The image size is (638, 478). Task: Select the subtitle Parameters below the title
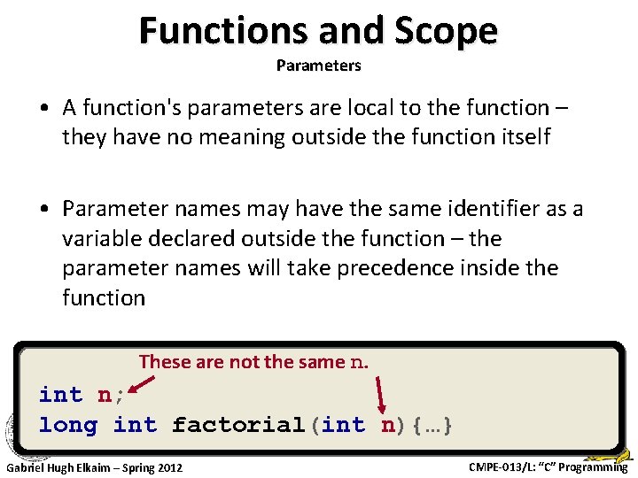tap(318, 66)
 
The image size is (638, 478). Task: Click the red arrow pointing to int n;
tap(143, 382)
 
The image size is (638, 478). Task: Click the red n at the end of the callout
tap(359, 362)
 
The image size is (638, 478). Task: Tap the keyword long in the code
tap(68, 425)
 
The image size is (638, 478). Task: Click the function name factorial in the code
tap(238, 425)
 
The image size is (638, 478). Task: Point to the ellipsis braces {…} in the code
tap(425, 425)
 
